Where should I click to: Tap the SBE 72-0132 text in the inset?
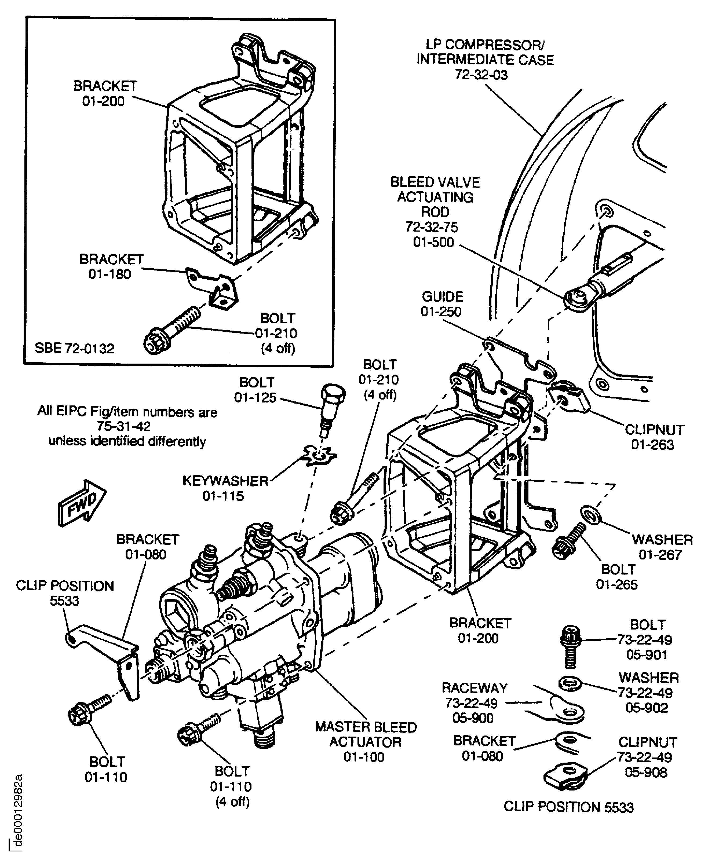74,349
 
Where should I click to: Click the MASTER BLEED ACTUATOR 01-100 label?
366,742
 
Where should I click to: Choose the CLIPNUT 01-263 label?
654,437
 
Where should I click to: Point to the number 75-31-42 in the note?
123,426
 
